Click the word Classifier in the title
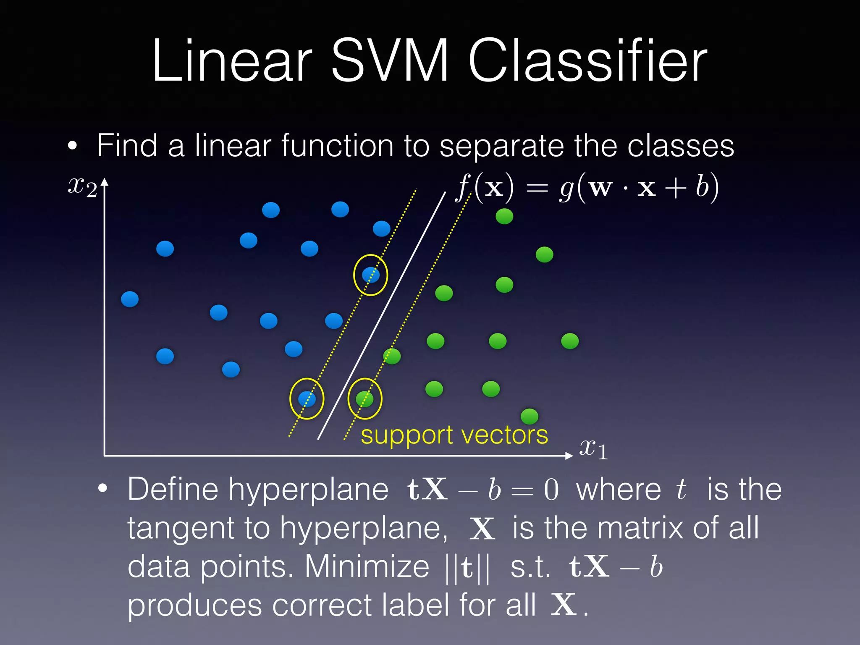coord(588,61)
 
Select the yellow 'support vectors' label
coord(454,435)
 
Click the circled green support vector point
coord(364,399)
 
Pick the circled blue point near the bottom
coord(307,399)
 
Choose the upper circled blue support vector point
coord(371,275)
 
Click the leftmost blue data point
coord(130,299)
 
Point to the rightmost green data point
coord(570,341)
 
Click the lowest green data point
coord(530,416)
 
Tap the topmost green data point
coord(504,216)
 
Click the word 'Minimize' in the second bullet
coord(367,566)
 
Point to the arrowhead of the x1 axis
coord(569,456)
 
